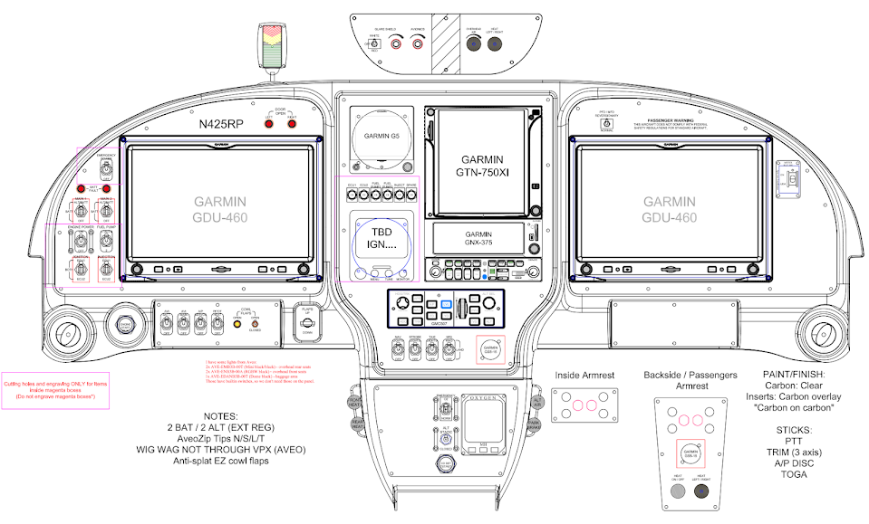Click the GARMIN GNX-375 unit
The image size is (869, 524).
click(x=478, y=239)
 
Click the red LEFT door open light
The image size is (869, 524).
click(x=268, y=123)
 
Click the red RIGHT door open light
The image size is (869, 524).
click(x=292, y=123)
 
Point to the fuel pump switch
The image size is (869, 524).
click(x=106, y=243)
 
